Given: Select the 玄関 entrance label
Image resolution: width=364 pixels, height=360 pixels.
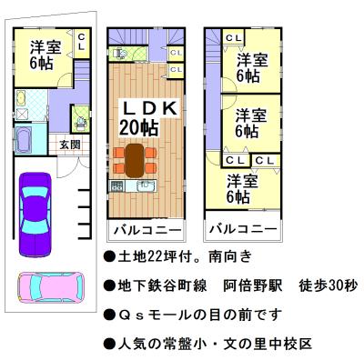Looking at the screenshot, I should click(70, 145).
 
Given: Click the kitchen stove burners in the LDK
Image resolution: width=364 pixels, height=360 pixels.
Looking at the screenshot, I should click(118, 186).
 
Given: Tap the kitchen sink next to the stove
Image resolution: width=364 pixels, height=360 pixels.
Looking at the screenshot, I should click(146, 186).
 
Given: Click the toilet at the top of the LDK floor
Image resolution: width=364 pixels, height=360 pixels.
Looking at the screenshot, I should click(118, 53).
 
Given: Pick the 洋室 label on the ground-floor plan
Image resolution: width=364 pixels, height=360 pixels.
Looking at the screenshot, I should click(45, 47).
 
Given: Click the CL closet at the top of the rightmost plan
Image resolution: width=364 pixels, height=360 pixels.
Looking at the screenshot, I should click(233, 37).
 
